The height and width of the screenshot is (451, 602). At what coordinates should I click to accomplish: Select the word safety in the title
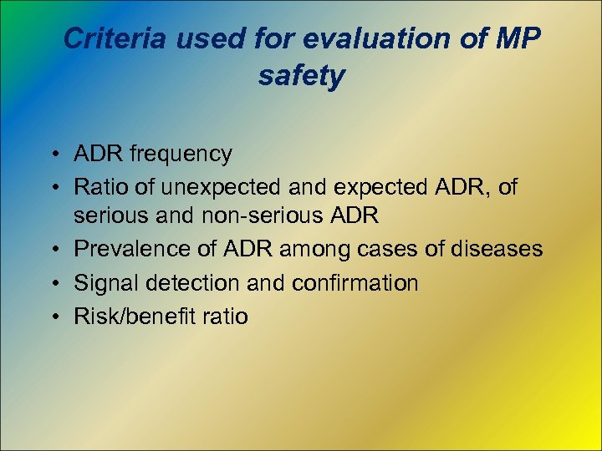pos(301,76)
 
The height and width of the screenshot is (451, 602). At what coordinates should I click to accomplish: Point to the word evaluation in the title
pos(377,38)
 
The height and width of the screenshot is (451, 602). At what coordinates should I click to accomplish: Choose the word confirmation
pos(355,283)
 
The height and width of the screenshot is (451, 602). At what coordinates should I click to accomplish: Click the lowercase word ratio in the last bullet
pos(224,317)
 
